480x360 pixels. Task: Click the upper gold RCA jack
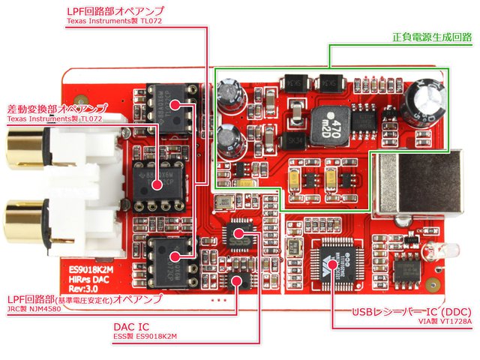(x=22, y=149)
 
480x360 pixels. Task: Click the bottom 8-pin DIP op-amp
(x=172, y=259)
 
